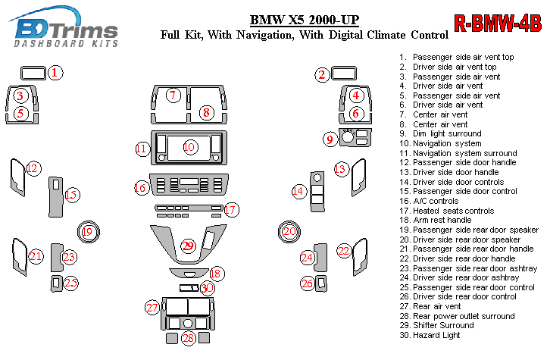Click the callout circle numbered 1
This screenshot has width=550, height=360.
(56, 73)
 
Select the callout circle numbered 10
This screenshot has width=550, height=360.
(189, 146)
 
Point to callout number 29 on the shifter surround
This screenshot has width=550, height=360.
(187, 245)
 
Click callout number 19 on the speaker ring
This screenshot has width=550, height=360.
(88, 232)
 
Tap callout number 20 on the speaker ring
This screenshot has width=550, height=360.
(289, 231)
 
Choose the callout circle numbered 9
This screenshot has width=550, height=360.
(330, 139)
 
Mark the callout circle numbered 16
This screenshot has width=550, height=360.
(141, 187)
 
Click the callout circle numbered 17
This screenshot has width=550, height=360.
(231, 209)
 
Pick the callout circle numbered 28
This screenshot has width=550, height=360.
(188, 338)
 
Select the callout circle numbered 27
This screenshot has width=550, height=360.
(153, 307)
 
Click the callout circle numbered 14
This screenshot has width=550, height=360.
(298, 192)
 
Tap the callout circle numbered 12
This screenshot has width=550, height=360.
(32, 168)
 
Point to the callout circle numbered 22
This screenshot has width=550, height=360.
(344, 250)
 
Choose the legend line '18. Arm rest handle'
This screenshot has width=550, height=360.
(439, 220)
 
